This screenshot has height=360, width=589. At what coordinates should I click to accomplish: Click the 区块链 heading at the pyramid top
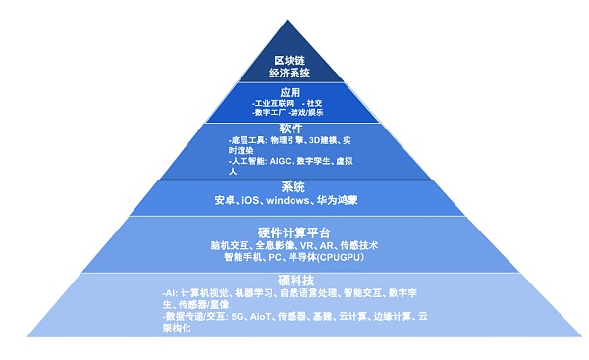(289, 58)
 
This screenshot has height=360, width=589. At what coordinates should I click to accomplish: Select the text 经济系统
(289, 72)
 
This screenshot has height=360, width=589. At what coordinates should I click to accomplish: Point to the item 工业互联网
(275, 102)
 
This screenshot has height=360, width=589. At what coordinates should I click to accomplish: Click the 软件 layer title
(290, 129)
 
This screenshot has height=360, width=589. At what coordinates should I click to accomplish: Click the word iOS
(251, 201)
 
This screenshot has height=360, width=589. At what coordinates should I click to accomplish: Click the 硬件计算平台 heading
(290, 231)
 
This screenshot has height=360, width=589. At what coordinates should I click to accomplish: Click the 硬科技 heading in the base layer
(290, 281)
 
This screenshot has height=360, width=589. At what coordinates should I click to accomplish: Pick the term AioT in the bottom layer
(260, 317)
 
